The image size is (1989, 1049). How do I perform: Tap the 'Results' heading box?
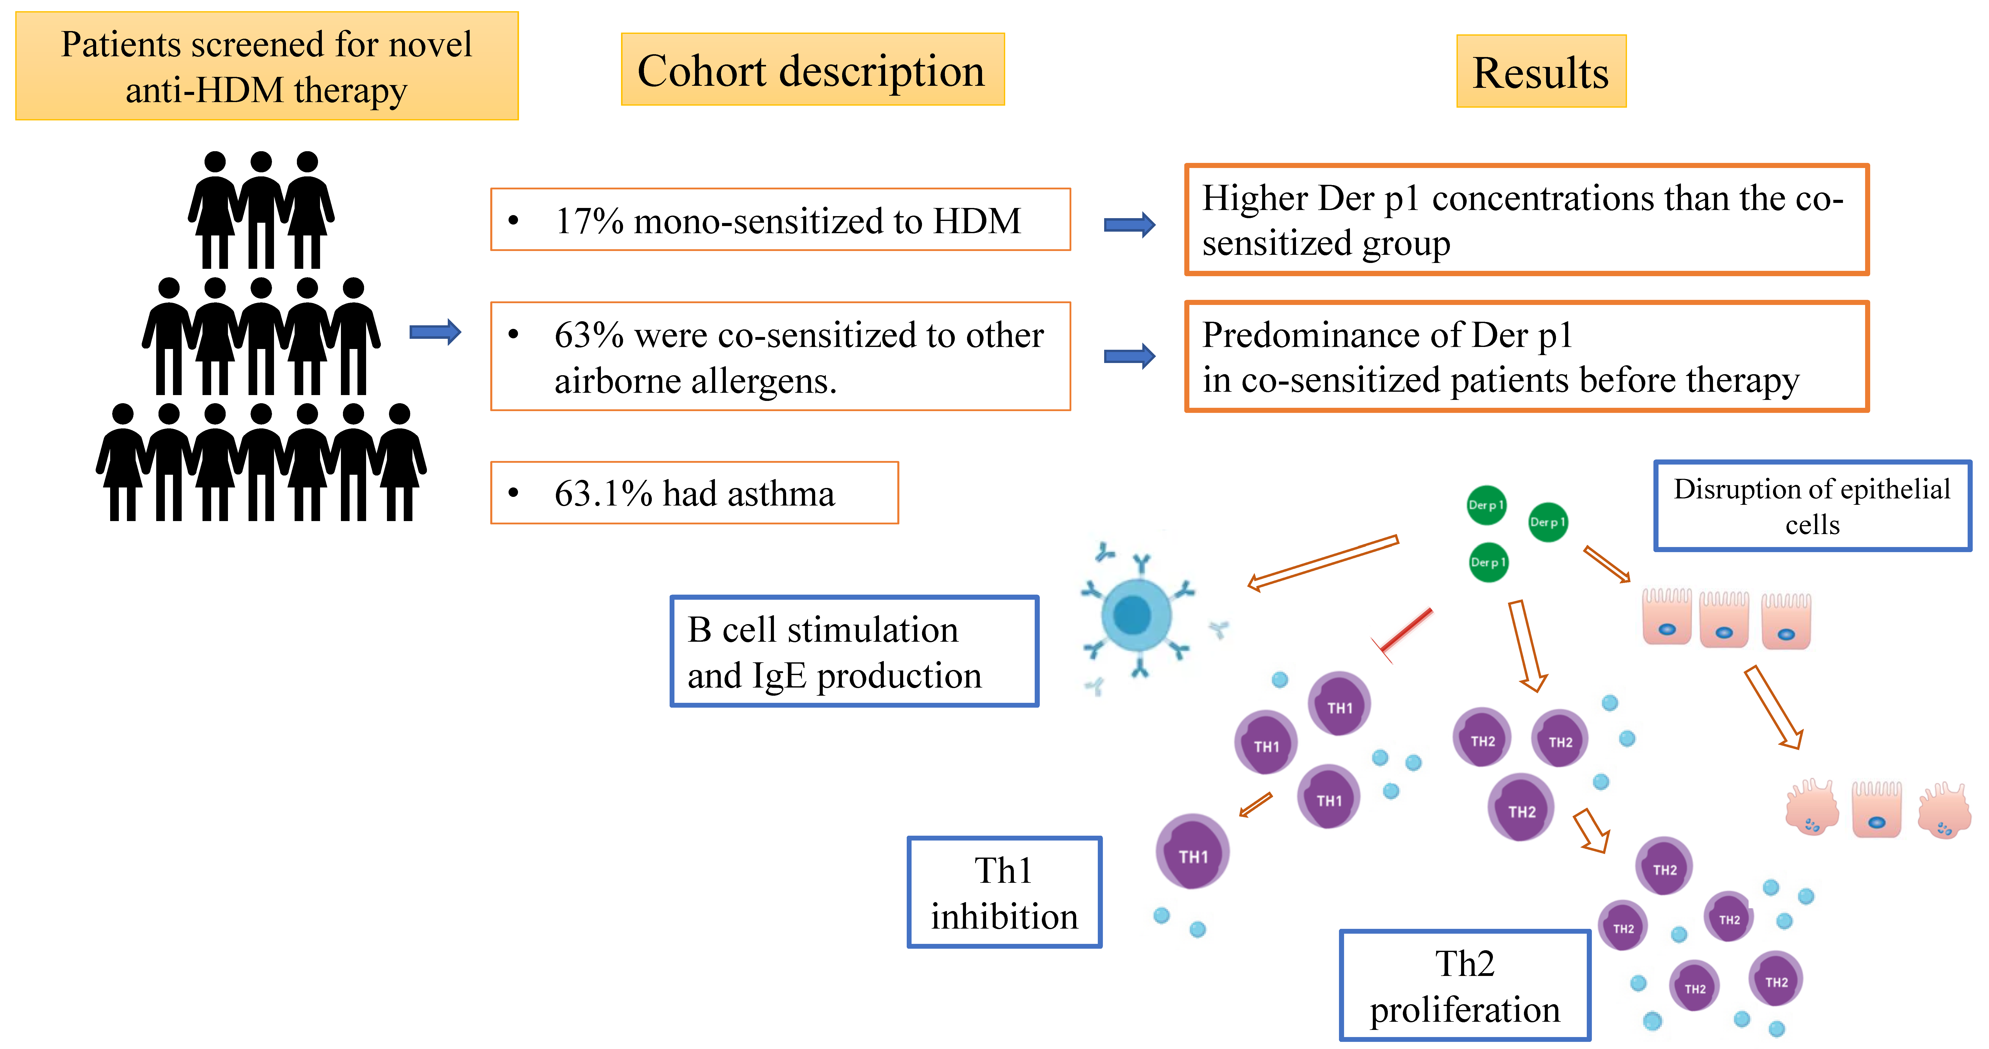coord(1540,72)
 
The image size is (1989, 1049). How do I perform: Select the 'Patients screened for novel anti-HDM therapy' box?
coord(266,66)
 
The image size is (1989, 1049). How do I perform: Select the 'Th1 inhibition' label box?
coord(1004,892)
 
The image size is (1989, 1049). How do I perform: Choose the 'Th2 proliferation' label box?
coord(1465,986)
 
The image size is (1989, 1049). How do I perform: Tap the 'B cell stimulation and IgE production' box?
coord(854,651)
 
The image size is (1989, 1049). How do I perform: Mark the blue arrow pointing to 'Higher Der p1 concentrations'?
coord(1129,225)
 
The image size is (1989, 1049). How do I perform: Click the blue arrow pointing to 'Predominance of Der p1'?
coord(1129,356)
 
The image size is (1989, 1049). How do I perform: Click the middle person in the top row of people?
coord(261,208)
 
